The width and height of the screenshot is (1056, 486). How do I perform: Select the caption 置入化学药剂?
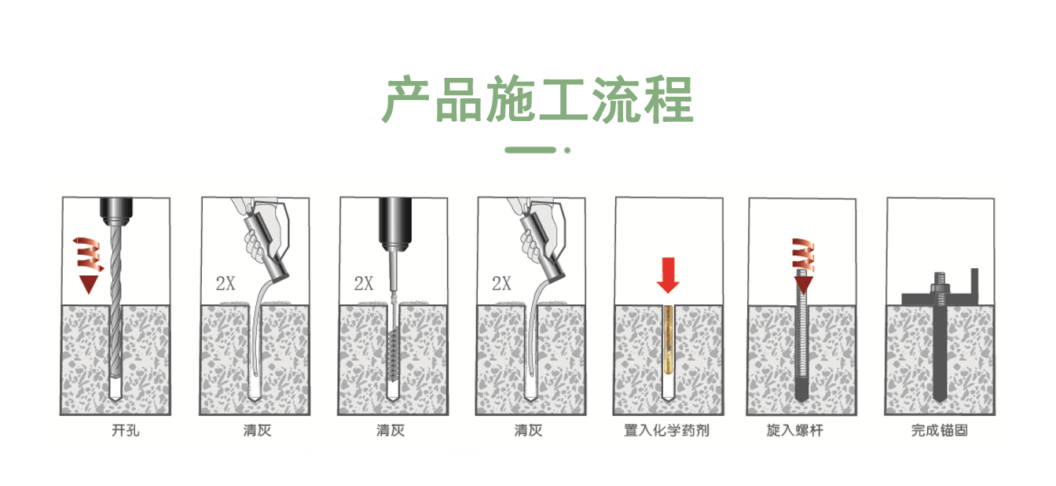pyautogui.click(x=666, y=431)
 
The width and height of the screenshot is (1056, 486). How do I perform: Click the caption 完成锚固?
pyautogui.click(x=940, y=431)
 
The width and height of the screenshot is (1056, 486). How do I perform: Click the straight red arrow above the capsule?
pyautogui.click(x=668, y=274)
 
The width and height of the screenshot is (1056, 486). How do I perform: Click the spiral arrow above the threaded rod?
pyautogui.click(x=802, y=258)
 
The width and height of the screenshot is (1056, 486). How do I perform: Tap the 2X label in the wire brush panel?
pyautogui.click(x=364, y=284)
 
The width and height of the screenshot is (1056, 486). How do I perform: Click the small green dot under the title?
pyautogui.click(x=567, y=149)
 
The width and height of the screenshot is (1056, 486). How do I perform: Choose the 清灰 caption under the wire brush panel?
pyautogui.click(x=390, y=431)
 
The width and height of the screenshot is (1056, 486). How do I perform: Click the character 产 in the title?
pyautogui.click(x=407, y=100)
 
